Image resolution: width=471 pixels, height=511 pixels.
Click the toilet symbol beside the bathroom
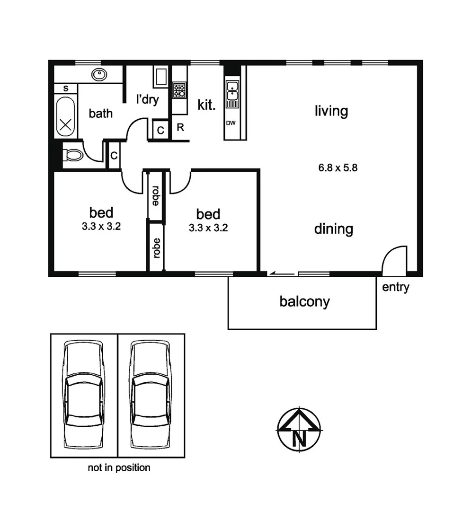pyautogui.click(x=72, y=155)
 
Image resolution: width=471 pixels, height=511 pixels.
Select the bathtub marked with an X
pyautogui.click(x=66, y=118)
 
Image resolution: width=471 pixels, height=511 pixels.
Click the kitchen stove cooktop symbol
pyautogui.click(x=179, y=90)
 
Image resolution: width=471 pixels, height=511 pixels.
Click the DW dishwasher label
pyautogui.click(x=231, y=123)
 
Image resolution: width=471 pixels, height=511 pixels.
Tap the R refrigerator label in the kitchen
pyautogui.click(x=180, y=127)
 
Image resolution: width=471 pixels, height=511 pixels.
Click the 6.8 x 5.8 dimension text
pyautogui.click(x=337, y=167)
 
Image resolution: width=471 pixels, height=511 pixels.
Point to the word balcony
pyautogui.click(x=304, y=301)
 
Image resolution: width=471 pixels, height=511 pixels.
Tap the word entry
pyautogui.click(x=395, y=287)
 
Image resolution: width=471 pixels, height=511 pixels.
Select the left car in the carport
pyautogui.click(x=84, y=395)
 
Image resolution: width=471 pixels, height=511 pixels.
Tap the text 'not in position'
pyautogui.click(x=119, y=468)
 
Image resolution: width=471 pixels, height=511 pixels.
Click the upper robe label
pyautogui.click(x=155, y=195)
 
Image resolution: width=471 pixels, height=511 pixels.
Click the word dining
pyautogui.click(x=334, y=229)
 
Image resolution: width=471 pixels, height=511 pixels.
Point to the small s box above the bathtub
pyautogui.click(x=65, y=88)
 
